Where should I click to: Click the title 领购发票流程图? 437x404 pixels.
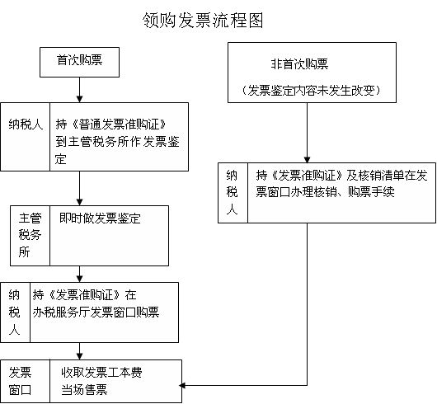(x=203, y=21)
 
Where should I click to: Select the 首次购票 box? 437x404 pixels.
(x=79, y=62)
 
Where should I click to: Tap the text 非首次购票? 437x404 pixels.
(x=299, y=64)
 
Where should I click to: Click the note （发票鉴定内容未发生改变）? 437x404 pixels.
(x=312, y=90)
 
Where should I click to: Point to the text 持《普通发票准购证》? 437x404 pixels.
(x=111, y=124)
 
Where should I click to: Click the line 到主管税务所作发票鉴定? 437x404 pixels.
(x=117, y=142)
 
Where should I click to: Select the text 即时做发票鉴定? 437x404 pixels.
(x=100, y=218)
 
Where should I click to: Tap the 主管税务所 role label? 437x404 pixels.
(x=30, y=235)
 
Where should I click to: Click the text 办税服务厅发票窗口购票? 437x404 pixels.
(x=96, y=312)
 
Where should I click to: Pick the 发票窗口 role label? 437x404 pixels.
(x=20, y=381)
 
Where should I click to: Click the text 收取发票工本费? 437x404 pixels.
(x=101, y=372)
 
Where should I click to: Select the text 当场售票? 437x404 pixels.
(x=84, y=389)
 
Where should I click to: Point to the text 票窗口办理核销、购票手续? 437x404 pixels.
(x=325, y=192)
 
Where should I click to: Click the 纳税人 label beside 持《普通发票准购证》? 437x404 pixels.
(x=26, y=124)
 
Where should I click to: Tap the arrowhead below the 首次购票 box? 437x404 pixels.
(x=79, y=99)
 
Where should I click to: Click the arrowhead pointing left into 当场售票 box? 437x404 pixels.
(x=182, y=386)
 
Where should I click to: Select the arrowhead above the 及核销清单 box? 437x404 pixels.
(x=307, y=159)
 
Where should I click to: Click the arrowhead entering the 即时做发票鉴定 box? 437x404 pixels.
(x=79, y=202)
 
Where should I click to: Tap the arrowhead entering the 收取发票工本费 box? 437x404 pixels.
(x=79, y=356)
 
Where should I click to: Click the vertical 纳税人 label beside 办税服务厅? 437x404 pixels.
(x=14, y=312)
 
